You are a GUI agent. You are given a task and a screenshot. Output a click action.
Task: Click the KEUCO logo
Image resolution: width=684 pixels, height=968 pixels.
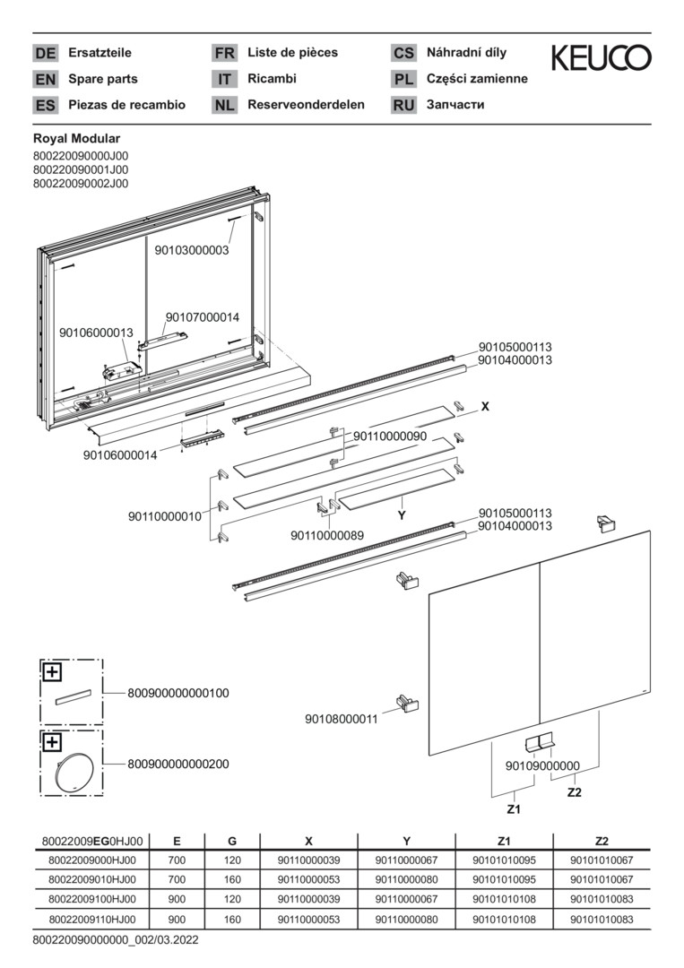(601, 59)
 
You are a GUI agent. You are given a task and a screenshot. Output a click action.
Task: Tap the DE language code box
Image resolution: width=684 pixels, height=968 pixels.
(45, 53)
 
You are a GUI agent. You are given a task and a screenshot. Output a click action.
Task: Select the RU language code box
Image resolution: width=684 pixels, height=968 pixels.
(403, 105)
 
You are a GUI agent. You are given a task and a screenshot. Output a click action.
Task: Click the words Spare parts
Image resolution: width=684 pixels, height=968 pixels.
(103, 79)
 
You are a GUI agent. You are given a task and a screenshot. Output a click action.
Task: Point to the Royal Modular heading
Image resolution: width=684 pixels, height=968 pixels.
(76, 139)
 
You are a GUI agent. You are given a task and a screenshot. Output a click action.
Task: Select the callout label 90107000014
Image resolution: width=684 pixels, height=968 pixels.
(203, 317)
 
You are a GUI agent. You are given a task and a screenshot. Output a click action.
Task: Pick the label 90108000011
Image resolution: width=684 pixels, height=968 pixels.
(342, 719)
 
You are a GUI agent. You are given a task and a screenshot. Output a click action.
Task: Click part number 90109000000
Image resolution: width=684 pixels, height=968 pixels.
(543, 766)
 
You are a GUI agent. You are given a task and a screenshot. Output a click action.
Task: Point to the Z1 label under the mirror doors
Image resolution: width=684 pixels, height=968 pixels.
(515, 808)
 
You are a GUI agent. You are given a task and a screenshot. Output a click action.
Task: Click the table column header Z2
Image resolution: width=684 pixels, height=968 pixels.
(602, 842)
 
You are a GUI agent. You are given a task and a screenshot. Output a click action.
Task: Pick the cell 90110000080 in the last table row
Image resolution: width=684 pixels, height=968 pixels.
(406, 920)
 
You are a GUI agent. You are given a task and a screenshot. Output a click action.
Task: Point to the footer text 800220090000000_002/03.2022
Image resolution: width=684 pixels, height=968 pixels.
(116, 941)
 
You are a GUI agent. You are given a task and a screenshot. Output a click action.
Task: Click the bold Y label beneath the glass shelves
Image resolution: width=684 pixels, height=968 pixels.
(403, 516)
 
